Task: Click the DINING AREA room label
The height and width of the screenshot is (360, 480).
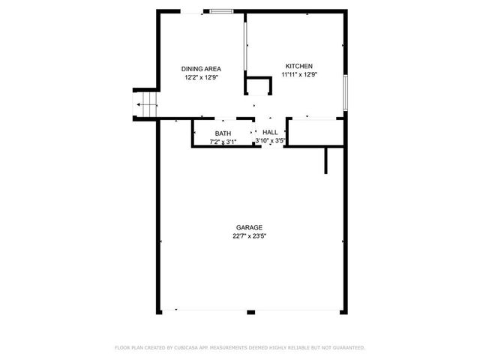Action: pyautogui.click(x=201, y=69)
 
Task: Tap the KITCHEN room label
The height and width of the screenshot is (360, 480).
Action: pyautogui.click(x=298, y=66)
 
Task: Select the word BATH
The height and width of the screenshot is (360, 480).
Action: pyautogui.click(x=223, y=133)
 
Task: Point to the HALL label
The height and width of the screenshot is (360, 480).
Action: pyautogui.click(x=270, y=132)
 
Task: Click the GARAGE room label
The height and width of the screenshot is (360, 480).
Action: pyautogui.click(x=249, y=227)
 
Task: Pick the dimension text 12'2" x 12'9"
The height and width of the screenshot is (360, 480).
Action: pyautogui.click(x=201, y=77)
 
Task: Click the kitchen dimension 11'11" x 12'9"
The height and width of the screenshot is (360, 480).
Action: pyautogui.click(x=298, y=74)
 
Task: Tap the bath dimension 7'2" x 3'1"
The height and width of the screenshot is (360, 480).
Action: pyautogui.click(x=223, y=141)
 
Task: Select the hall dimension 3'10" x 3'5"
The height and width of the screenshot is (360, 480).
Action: pyautogui.click(x=270, y=140)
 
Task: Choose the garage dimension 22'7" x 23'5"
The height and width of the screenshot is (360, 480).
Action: pyautogui.click(x=249, y=235)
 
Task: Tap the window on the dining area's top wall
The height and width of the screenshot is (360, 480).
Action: pyautogui.click(x=221, y=11)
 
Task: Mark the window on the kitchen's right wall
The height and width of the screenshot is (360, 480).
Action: pyautogui.click(x=345, y=91)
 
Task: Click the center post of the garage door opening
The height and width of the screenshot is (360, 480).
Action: pyautogui.click(x=250, y=312)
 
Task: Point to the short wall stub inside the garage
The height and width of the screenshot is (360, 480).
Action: pyautogui.click(x=326, y=160)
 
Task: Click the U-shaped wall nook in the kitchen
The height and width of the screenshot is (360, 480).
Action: pyautogui.click(x=258, y=85)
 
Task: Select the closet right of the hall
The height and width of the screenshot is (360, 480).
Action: pyautogui.click(x=315, y=133)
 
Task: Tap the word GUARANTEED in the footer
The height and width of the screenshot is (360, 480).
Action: pyautogui.click(x=347, y=348)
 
